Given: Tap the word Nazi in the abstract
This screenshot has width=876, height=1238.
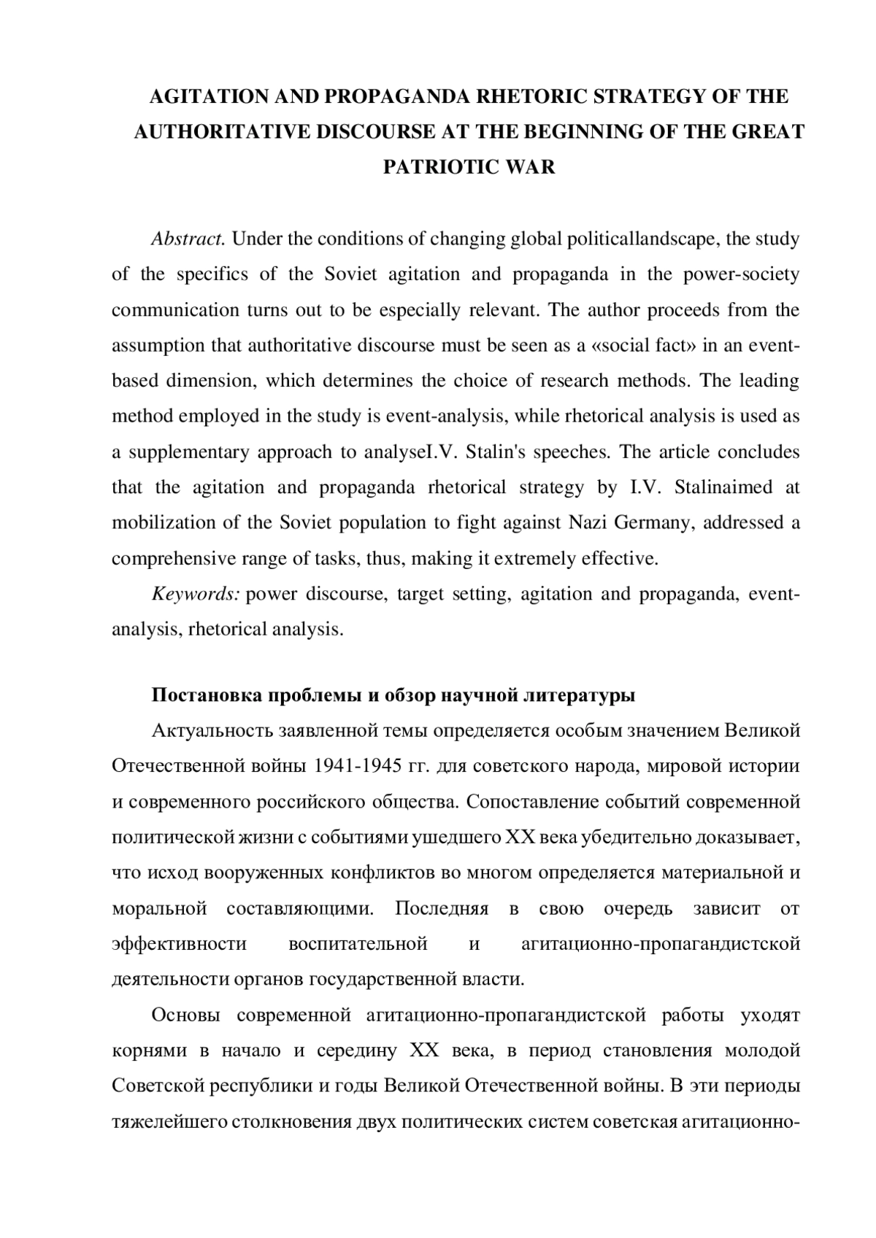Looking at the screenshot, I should point(588,522).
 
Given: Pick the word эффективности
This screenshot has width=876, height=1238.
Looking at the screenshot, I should point(179,944).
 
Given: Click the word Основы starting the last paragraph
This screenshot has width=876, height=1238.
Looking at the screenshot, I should point(184,1015).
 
